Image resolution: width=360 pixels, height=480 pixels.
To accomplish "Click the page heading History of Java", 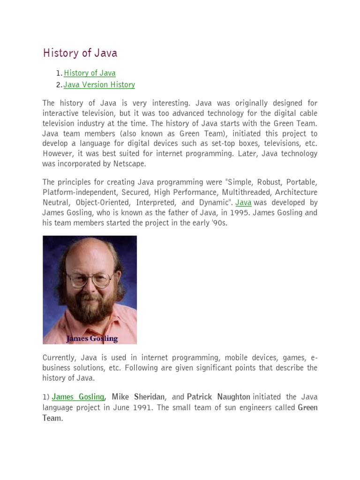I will pyautogui.click(x=80, y=53).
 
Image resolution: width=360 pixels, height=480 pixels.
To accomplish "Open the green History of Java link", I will pyautogui.click(x=90, y=73).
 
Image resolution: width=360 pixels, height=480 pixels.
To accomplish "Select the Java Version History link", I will pyautogui.click(x=99, y=85).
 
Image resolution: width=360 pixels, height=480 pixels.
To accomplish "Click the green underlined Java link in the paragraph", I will pyautogui.click(x=243, y=202).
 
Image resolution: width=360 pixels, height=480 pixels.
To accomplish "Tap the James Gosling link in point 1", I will pyautogui.click(x=78, y=397).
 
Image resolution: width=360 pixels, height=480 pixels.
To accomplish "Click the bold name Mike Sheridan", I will pyautogui.click(x=138, y=397).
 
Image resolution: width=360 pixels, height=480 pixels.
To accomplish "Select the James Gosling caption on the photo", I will pyautogui.click(x=92, y=338).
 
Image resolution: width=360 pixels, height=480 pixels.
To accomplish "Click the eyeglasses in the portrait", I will pyautogui.click(x=90, y=280).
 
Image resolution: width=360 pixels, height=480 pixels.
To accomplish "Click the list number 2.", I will pyautogui.click(x=58, y=85).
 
